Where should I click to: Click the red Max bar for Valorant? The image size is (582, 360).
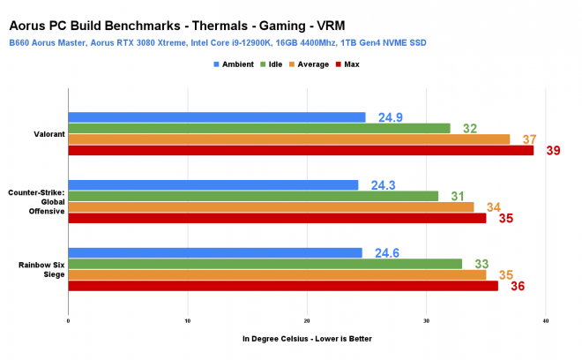pyautogui.click(x=300, y=151)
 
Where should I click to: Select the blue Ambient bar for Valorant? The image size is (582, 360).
pyautogui.click(x=216, y=117)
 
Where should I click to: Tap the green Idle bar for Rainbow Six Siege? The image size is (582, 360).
pyautogui.click(x=265, y=263)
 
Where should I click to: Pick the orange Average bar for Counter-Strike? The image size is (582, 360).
pyautogui.click(x=271, y=206)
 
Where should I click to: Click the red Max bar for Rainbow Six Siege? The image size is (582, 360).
pyautogui.click(x=282, y=285)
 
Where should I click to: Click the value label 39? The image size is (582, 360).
pyautogui.click(x=553, y=151)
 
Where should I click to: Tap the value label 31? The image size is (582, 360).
pyautogui.click(x=456, y=196)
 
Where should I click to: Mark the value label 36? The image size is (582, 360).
pyautogui.click(x=518, y=286)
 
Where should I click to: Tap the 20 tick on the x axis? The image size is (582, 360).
pyautogui.click(x=307, y=321)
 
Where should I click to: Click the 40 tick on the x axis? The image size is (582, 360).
pyautogui.click(x=546, y=321)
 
